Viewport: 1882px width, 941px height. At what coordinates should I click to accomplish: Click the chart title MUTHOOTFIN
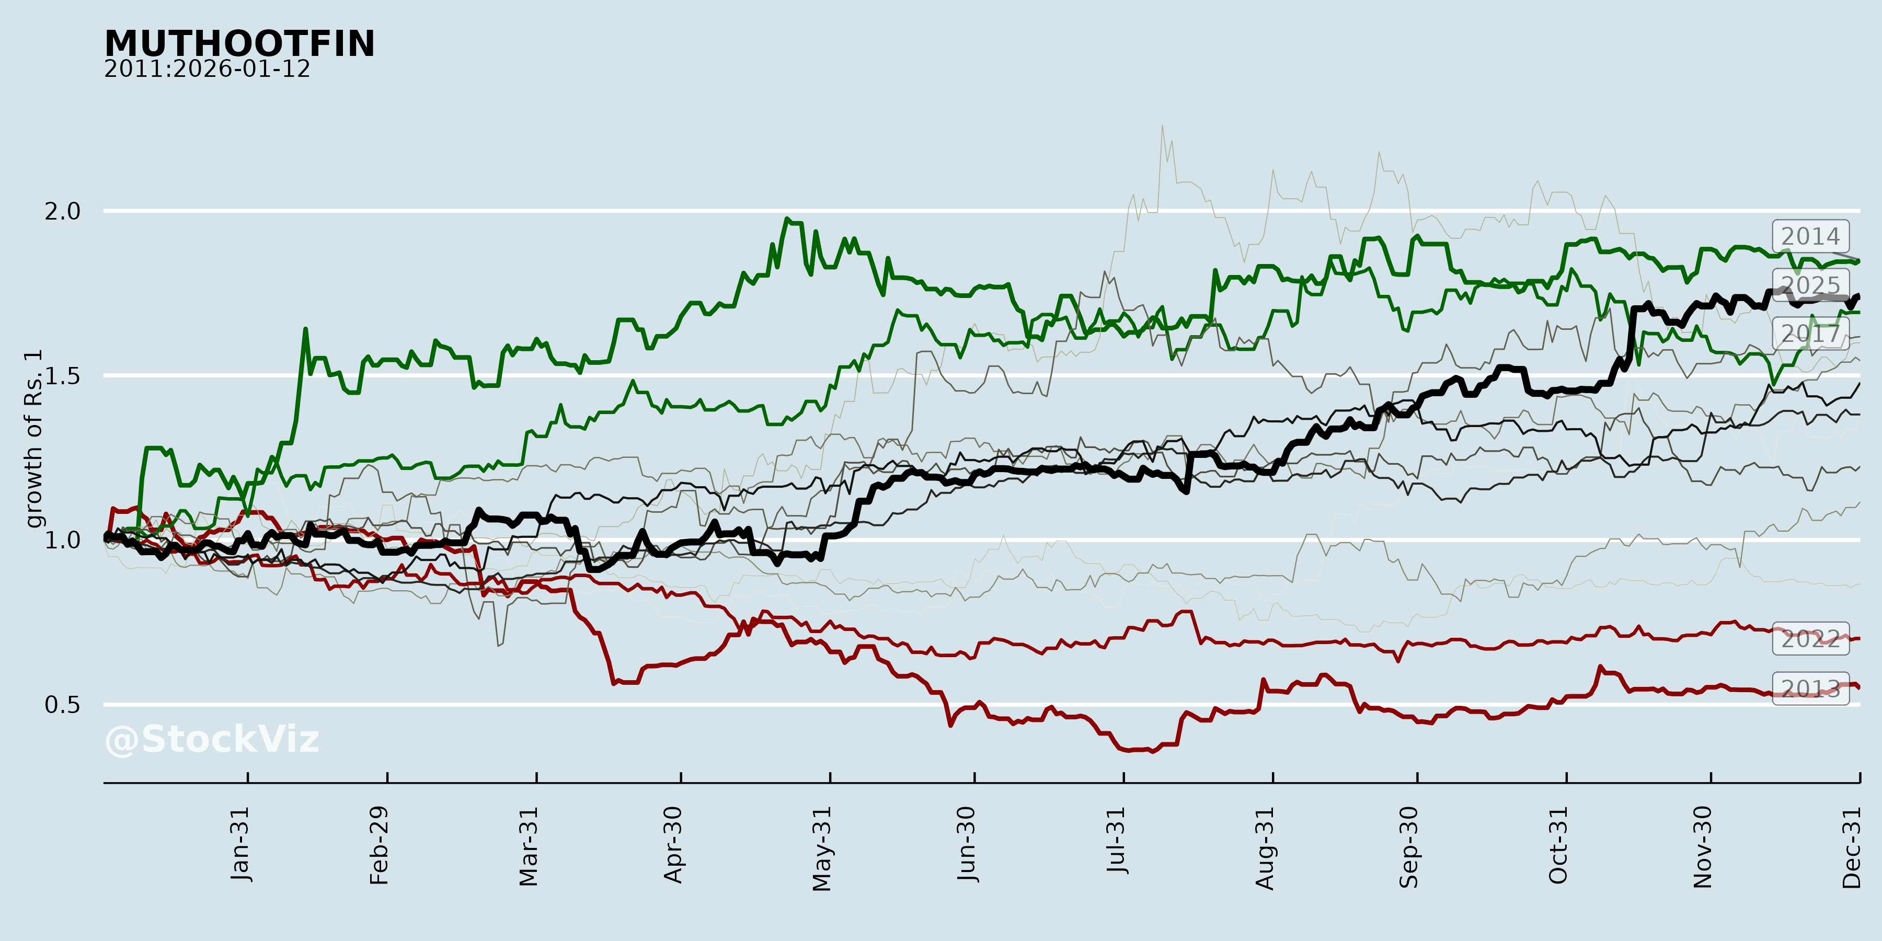[x=239, y=44]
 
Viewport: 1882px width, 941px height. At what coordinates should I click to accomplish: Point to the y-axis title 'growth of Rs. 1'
[x=33, y=439]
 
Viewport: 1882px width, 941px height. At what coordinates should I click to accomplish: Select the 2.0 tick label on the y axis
[x=62, y=212]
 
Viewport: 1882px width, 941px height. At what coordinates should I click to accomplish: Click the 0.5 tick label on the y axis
[x=62, y=705]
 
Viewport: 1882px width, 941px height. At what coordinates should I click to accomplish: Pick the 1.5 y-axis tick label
[x=62, y=376]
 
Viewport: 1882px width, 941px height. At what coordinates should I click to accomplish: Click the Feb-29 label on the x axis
[x=379, y=845]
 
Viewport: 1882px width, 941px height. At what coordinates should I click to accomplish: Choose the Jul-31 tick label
[x=1116, y=840]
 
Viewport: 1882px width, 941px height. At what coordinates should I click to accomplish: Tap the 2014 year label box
[x=1810, y=237]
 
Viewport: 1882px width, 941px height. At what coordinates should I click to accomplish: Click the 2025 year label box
[x=1810, y=285]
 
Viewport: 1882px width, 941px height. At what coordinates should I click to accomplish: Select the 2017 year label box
[x=1810, y=334]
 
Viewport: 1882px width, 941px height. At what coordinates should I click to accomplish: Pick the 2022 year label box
[x=1810, y=639]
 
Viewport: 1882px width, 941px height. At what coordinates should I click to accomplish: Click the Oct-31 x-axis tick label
[x=1558, y=845]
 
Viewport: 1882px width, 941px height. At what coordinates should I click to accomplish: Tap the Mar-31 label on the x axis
[x=528, y=846]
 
